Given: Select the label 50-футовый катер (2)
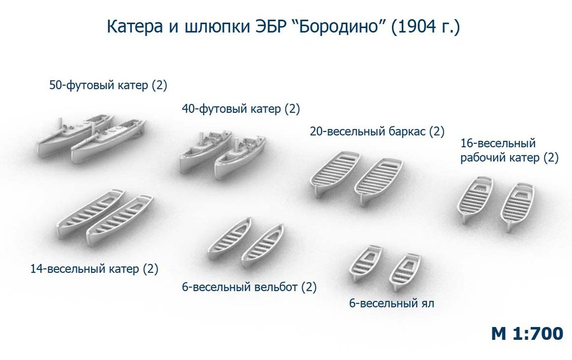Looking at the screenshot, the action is (x=108, y=86).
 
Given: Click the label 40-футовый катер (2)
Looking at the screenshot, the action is (x=241, y=109).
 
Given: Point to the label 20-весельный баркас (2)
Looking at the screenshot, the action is (x=377, y=131).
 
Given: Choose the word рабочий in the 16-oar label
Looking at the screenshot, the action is (x=481, y=158).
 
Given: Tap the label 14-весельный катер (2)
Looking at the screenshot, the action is (x=94, y=269).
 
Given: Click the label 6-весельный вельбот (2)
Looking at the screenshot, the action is (x=249, y=287).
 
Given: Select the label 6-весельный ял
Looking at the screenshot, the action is (x=392, y=304).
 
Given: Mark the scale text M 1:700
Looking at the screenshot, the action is (x=527, y=334).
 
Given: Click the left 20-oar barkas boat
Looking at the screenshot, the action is (x=335, y=174).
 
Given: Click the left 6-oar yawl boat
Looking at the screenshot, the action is (x=365, y=263).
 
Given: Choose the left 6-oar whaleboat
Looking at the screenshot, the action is (x=229, y=239).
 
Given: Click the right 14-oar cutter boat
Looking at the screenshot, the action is (x=120, y=220).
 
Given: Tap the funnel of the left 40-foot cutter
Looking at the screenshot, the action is (x=201, y=139).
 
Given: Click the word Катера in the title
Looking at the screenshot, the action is (x=135, y=27).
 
